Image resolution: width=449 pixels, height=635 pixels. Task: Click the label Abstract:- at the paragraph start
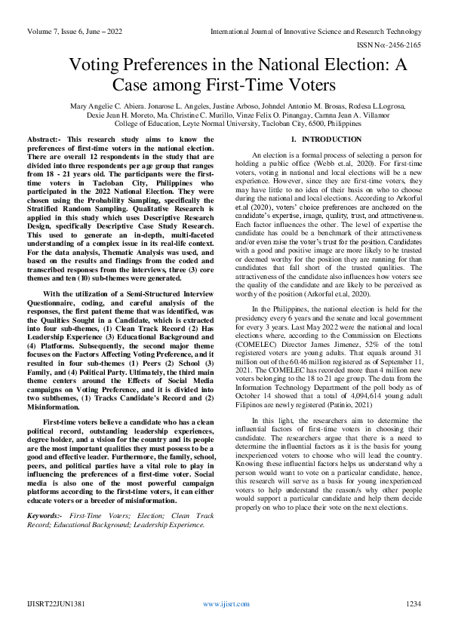pyautogui.click(x=45, y=140)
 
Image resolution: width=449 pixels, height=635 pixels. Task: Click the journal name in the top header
pyautogui.click(x=316, y=32)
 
